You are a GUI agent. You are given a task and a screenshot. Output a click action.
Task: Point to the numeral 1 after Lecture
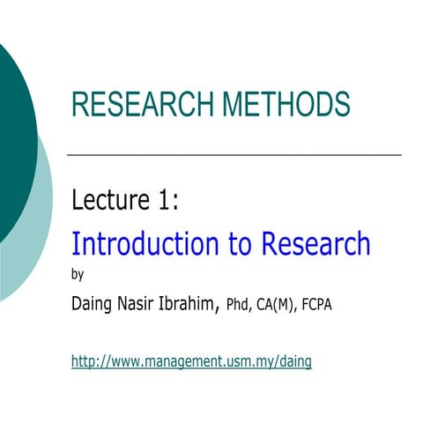[164, 201]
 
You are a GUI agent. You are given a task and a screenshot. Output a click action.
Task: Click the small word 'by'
[77, 273]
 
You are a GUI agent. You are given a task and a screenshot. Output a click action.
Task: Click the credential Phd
[240, 306]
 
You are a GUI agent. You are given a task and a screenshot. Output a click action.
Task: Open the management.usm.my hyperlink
[191, 360]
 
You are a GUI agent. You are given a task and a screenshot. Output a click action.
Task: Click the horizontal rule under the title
[234, 154]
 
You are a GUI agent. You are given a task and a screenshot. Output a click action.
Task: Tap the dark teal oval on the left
[13, 132]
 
